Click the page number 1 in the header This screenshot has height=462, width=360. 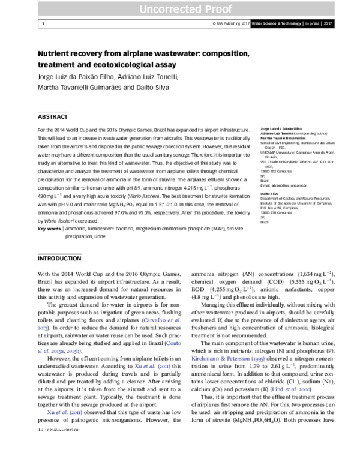tap(43, 23)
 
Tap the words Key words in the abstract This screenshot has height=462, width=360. tap(49, 229)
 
